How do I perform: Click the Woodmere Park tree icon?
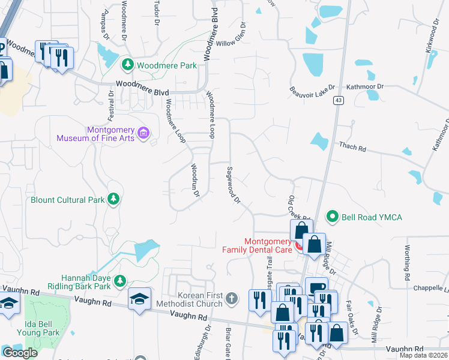pos(127,64)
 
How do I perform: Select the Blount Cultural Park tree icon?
pos(112,199)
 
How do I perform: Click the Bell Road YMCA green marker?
pos(331,216)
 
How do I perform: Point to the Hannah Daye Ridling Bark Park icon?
pos(120,281)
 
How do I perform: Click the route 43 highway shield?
pos(339,101)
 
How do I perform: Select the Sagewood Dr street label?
pos(233,184)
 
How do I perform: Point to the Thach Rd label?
pos(352,146)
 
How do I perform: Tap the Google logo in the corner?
pos(19,353)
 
